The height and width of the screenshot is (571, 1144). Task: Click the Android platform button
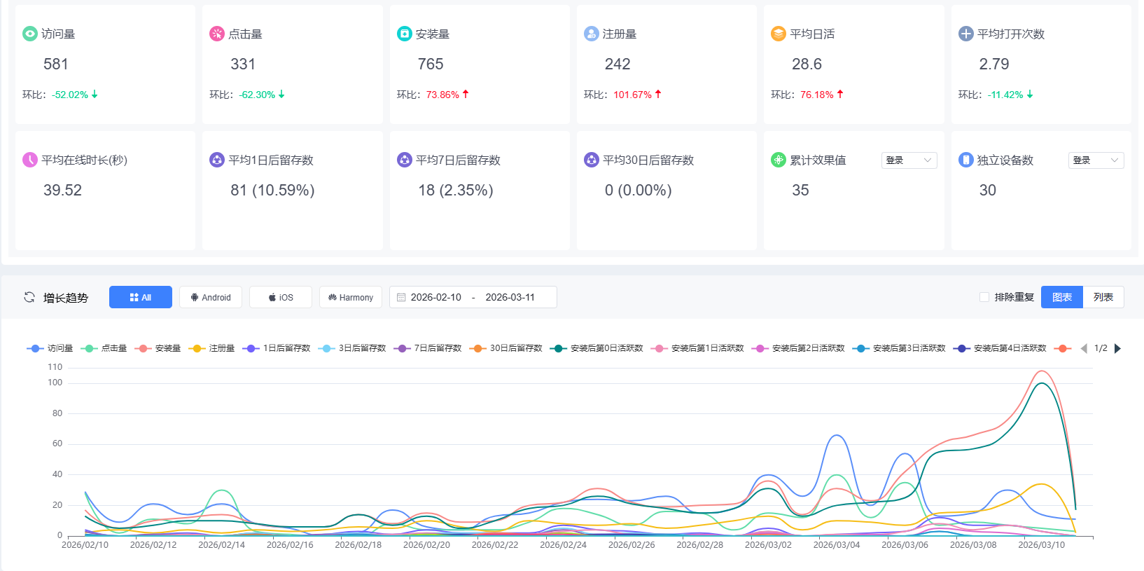pos(211,297)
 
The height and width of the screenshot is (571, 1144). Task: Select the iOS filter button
pos(281,297)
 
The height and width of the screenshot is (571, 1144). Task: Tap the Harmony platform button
pos(351,297)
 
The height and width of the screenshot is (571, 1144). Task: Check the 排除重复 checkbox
pos(984,297)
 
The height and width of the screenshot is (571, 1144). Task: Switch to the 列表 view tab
pos(1103,297)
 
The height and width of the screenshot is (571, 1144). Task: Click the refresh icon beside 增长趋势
pos(29,297)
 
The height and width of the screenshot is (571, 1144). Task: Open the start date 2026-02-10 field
pos(435,297)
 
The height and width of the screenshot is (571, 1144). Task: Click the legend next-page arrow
pos(1117,348)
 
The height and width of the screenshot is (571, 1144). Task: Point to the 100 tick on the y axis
pos(55,383)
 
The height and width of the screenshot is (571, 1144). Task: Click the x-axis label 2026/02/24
pos(563,544)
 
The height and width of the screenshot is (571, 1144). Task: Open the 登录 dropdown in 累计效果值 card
pos(909,160)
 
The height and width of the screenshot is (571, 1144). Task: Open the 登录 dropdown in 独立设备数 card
pos(1096,160)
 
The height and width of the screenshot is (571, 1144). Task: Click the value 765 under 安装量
pos(431,64)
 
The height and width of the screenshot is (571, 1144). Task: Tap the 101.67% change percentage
pos(632,95)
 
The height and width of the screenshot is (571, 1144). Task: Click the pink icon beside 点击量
pos(217,34)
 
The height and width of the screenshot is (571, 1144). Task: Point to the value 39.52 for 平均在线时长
pos(62,191)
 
